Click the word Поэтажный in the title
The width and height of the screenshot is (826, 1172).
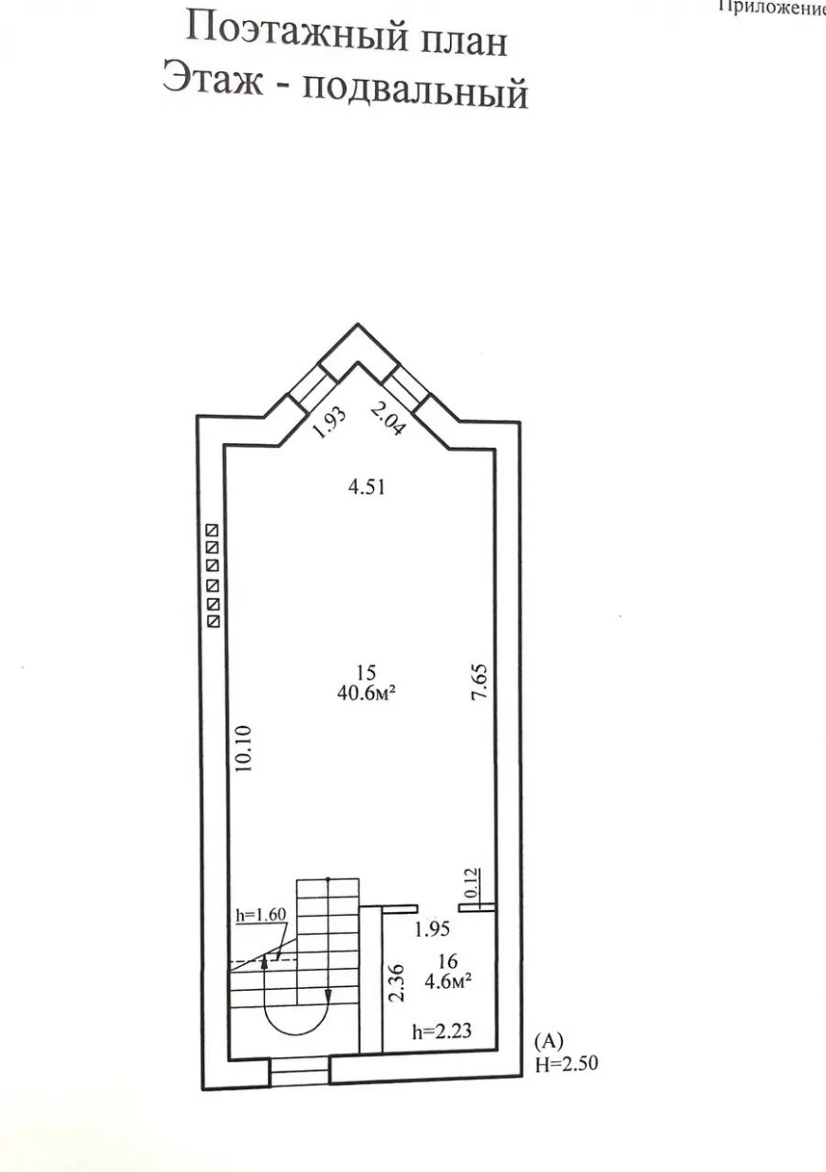297,32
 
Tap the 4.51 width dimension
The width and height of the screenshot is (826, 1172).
366,488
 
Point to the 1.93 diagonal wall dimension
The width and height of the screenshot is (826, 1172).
329,422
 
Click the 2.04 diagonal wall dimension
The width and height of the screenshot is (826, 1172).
388,419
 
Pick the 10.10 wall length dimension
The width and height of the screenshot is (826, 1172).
244,749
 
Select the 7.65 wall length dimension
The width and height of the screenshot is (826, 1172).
479,682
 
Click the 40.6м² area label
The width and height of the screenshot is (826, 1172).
366,694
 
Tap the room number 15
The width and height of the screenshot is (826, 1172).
366,672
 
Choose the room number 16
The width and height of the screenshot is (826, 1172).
448,961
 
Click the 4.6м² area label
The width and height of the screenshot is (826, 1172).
448,981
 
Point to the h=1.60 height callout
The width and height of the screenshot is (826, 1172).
261,914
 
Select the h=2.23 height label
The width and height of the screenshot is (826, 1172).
441,1031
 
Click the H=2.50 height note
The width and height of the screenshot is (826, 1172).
567,1064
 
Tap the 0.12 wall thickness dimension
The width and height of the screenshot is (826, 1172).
471,883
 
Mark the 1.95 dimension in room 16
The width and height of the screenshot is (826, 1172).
432,929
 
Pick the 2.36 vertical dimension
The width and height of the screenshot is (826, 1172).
397,982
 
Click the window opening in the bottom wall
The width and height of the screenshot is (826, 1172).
299,1071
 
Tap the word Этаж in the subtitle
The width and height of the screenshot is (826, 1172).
213,79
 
